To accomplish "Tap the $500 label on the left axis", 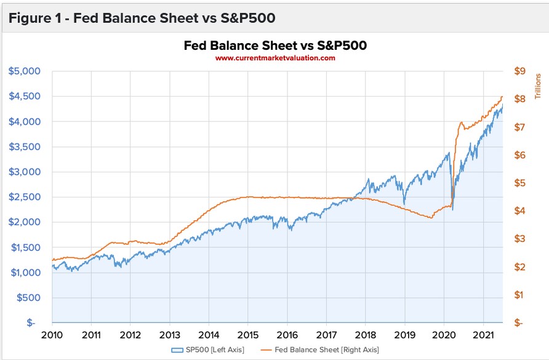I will pos(28,298).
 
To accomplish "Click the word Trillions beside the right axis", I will pos(537,85).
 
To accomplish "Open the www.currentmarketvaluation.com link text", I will pos(275,58).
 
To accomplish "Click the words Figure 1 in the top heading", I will pos(36,18).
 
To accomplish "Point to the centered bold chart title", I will pos(275,46).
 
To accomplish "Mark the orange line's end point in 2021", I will pos(502,97).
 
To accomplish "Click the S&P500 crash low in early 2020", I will pos(452,210).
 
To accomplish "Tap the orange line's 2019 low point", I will pos(431,218).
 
